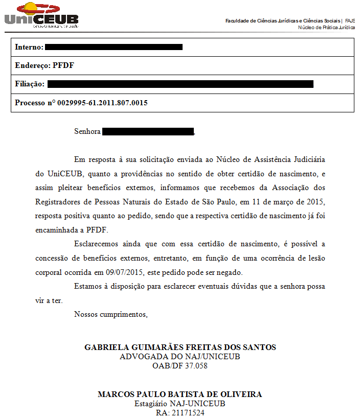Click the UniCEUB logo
[41, 15]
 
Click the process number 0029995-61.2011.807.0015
[102, 103]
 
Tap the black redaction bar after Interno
[114, 47]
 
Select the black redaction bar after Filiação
[180, 84]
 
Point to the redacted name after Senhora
[148, 131]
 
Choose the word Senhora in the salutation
[87, 131]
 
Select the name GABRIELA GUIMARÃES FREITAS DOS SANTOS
[180, 347]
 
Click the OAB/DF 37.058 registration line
[180, 366]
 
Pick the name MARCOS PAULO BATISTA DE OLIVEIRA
[180, 394]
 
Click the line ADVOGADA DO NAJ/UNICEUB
[180, 357]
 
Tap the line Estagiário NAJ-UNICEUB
[180, 404]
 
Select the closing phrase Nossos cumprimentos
[111, 314]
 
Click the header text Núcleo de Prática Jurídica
[326, 28]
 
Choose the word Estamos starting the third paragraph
[88, 286]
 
